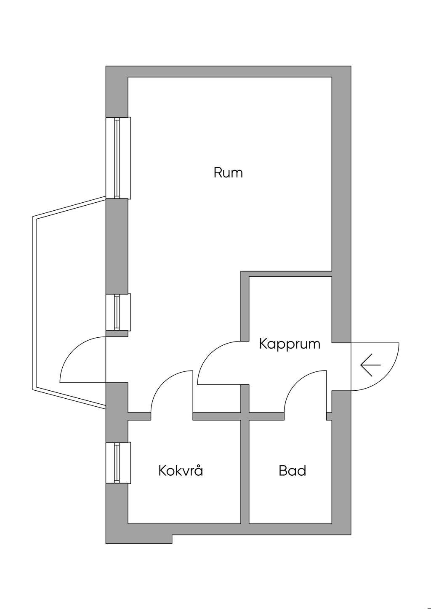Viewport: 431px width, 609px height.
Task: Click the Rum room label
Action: (228, 173)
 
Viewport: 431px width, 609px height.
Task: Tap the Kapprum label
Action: (290, 344)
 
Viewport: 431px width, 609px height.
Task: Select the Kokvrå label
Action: (181, 470)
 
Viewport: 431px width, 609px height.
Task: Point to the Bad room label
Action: (292, 470)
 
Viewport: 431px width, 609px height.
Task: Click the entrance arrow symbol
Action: (370, 365)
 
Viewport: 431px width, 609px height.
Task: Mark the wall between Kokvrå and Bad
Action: (245, 471)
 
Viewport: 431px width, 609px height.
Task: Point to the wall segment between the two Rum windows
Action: (116, 246)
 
